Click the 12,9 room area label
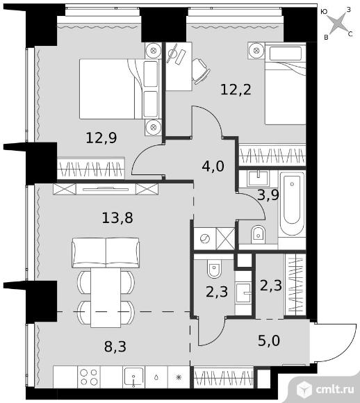[x=101, y=138]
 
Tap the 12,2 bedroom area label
[x=236, y=90]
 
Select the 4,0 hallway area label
[x=213, y=166]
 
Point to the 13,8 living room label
[x=117, y=218]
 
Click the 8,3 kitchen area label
[x=115, y=347]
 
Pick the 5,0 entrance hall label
[x=269, y=340]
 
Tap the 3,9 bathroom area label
[x=268, y=195]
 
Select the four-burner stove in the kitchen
[x=88, y=377]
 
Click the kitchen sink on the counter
[x=133, y=377]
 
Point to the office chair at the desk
[x=201, y=71]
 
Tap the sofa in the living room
[x=106, y=253]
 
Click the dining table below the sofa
[x=106, y=298]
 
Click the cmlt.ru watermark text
[x=335, y=390]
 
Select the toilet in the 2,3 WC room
[x=214, y=269]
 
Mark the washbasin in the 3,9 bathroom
[x=258, y=179]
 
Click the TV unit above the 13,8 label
[x=106, y=189]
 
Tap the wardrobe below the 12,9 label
[x=91, y=169]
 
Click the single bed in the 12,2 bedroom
[x=286, y=84]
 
